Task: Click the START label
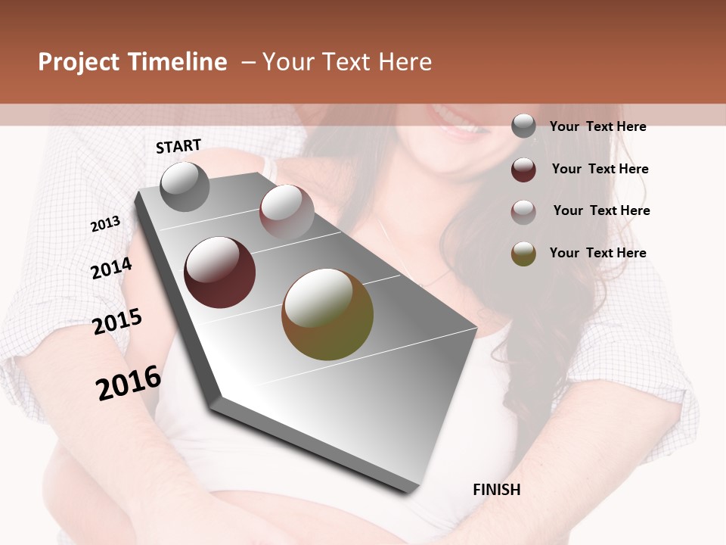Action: [178, 146]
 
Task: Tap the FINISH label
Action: [496, 490]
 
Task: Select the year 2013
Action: [106, 223]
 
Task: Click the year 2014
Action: [111, 268]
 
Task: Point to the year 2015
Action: [117, 322]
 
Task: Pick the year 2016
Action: [129, 382]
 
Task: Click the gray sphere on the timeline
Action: [185, 187]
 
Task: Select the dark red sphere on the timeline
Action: [219, 272]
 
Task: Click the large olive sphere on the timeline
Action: [327, 314]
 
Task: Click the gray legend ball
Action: [523, 126]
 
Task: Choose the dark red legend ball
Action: [523, 170]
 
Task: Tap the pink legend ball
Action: [523, 211]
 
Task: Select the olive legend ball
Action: [523, 254]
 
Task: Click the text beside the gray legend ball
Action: [597, 126]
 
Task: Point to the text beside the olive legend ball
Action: [597, 253]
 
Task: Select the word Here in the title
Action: [405, 62]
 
